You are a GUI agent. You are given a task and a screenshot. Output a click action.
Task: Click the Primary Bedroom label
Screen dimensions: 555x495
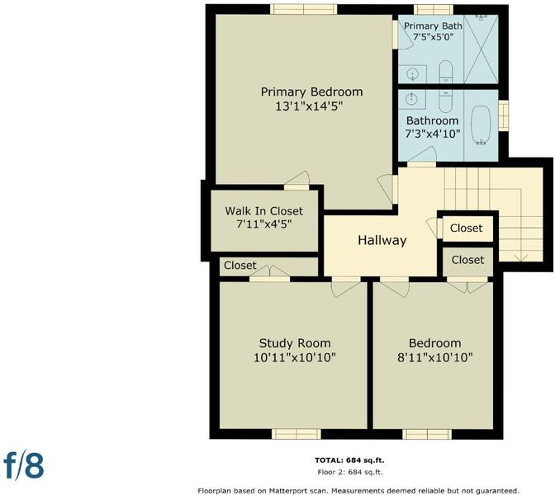pos(312,92)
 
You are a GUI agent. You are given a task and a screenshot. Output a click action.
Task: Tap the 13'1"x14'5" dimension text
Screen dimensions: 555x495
pos(310,106)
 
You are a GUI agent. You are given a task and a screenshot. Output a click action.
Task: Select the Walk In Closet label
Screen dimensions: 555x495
pos(264,211)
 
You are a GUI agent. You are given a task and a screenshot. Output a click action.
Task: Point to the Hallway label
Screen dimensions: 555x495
pos(382,240)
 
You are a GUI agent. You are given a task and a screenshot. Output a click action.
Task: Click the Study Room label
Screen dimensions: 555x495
pos(295,343)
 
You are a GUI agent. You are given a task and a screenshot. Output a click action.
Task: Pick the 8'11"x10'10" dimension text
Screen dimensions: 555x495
pos(435,358)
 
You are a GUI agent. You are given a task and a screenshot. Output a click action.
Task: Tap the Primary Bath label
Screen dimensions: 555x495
pos(433,26)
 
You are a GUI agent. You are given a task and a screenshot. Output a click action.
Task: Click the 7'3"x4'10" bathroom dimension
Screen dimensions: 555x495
pos(432,134)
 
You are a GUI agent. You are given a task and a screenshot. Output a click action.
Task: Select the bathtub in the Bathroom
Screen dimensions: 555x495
pos(481,125)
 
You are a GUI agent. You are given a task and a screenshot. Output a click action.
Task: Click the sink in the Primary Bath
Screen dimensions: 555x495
pos(412,74)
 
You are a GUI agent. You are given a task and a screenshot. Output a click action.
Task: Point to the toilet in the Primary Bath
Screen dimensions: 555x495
pos(446,72)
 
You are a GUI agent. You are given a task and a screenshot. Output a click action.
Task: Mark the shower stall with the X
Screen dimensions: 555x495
pos(481,49)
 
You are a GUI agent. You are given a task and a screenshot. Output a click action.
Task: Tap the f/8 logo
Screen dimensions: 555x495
pos(24,465)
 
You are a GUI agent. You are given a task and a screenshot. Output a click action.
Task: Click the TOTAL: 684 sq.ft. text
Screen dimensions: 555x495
pos(349,460)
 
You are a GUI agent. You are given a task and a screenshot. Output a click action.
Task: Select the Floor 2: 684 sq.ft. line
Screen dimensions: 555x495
pos(350,472)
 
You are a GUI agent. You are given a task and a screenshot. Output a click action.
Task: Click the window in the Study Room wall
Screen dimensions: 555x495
pos(296,434)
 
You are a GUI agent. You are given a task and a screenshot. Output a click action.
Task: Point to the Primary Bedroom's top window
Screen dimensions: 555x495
pos(304,10)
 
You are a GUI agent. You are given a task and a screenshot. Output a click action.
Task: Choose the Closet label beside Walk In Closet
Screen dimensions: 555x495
pos(240,265)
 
